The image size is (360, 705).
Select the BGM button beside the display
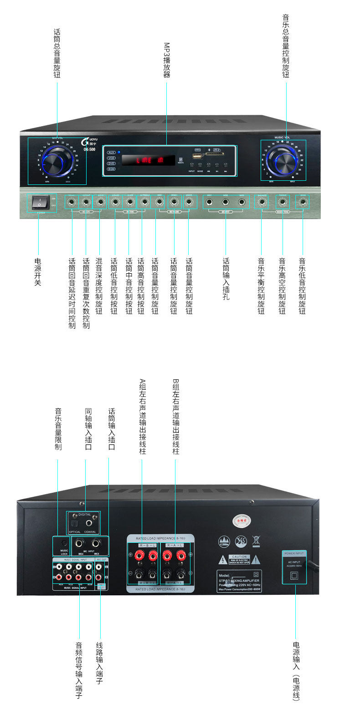click(111, 169)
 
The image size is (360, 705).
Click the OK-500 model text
click(90, 149)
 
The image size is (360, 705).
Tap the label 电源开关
click(38, 272)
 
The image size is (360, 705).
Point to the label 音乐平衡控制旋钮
click(261, 286)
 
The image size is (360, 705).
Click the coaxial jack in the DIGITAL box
click(89, 523)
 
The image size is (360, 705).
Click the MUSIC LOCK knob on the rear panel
click(61, 542)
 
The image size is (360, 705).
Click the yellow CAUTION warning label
click(239, 559)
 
